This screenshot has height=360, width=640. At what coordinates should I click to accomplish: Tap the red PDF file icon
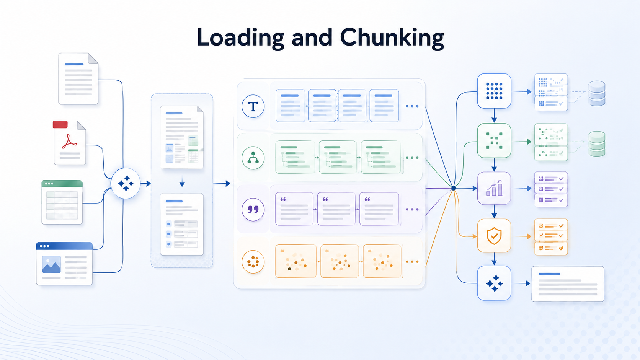(x=69, y=142)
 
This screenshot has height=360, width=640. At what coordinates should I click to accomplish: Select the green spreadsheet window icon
(x=62, y=202)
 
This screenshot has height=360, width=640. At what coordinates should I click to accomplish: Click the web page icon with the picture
(x=64, y=264)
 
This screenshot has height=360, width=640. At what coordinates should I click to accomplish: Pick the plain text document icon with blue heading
(x=78, y=78)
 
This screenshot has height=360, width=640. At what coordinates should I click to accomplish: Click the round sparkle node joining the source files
(x=126, y=183)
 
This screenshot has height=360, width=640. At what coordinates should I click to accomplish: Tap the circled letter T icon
(x=253, y=106)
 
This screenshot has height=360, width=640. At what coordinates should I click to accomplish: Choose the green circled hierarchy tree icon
(x=253, y=158)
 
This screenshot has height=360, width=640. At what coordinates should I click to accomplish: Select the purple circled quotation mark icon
(x=253, y=210)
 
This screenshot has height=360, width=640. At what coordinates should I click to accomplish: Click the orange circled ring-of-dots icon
(x=253, y=262)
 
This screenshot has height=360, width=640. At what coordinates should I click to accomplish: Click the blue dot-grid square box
(x=494, y=91)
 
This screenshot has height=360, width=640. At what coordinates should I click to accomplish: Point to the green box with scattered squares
(x=494, y=141)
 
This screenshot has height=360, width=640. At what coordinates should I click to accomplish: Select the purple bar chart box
(x=494, y=188)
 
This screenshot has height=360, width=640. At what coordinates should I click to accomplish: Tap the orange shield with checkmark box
(x=494, y=236)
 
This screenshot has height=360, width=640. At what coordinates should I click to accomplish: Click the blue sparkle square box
(x=494, y=283)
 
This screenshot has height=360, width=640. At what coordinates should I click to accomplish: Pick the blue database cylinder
(x=597, y=93)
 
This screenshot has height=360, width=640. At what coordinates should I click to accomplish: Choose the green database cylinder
(x=597, y=144)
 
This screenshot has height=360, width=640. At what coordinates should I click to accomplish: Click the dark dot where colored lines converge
(x=454, y=188)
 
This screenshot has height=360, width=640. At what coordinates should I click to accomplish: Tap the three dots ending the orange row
(x=412, y=262)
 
